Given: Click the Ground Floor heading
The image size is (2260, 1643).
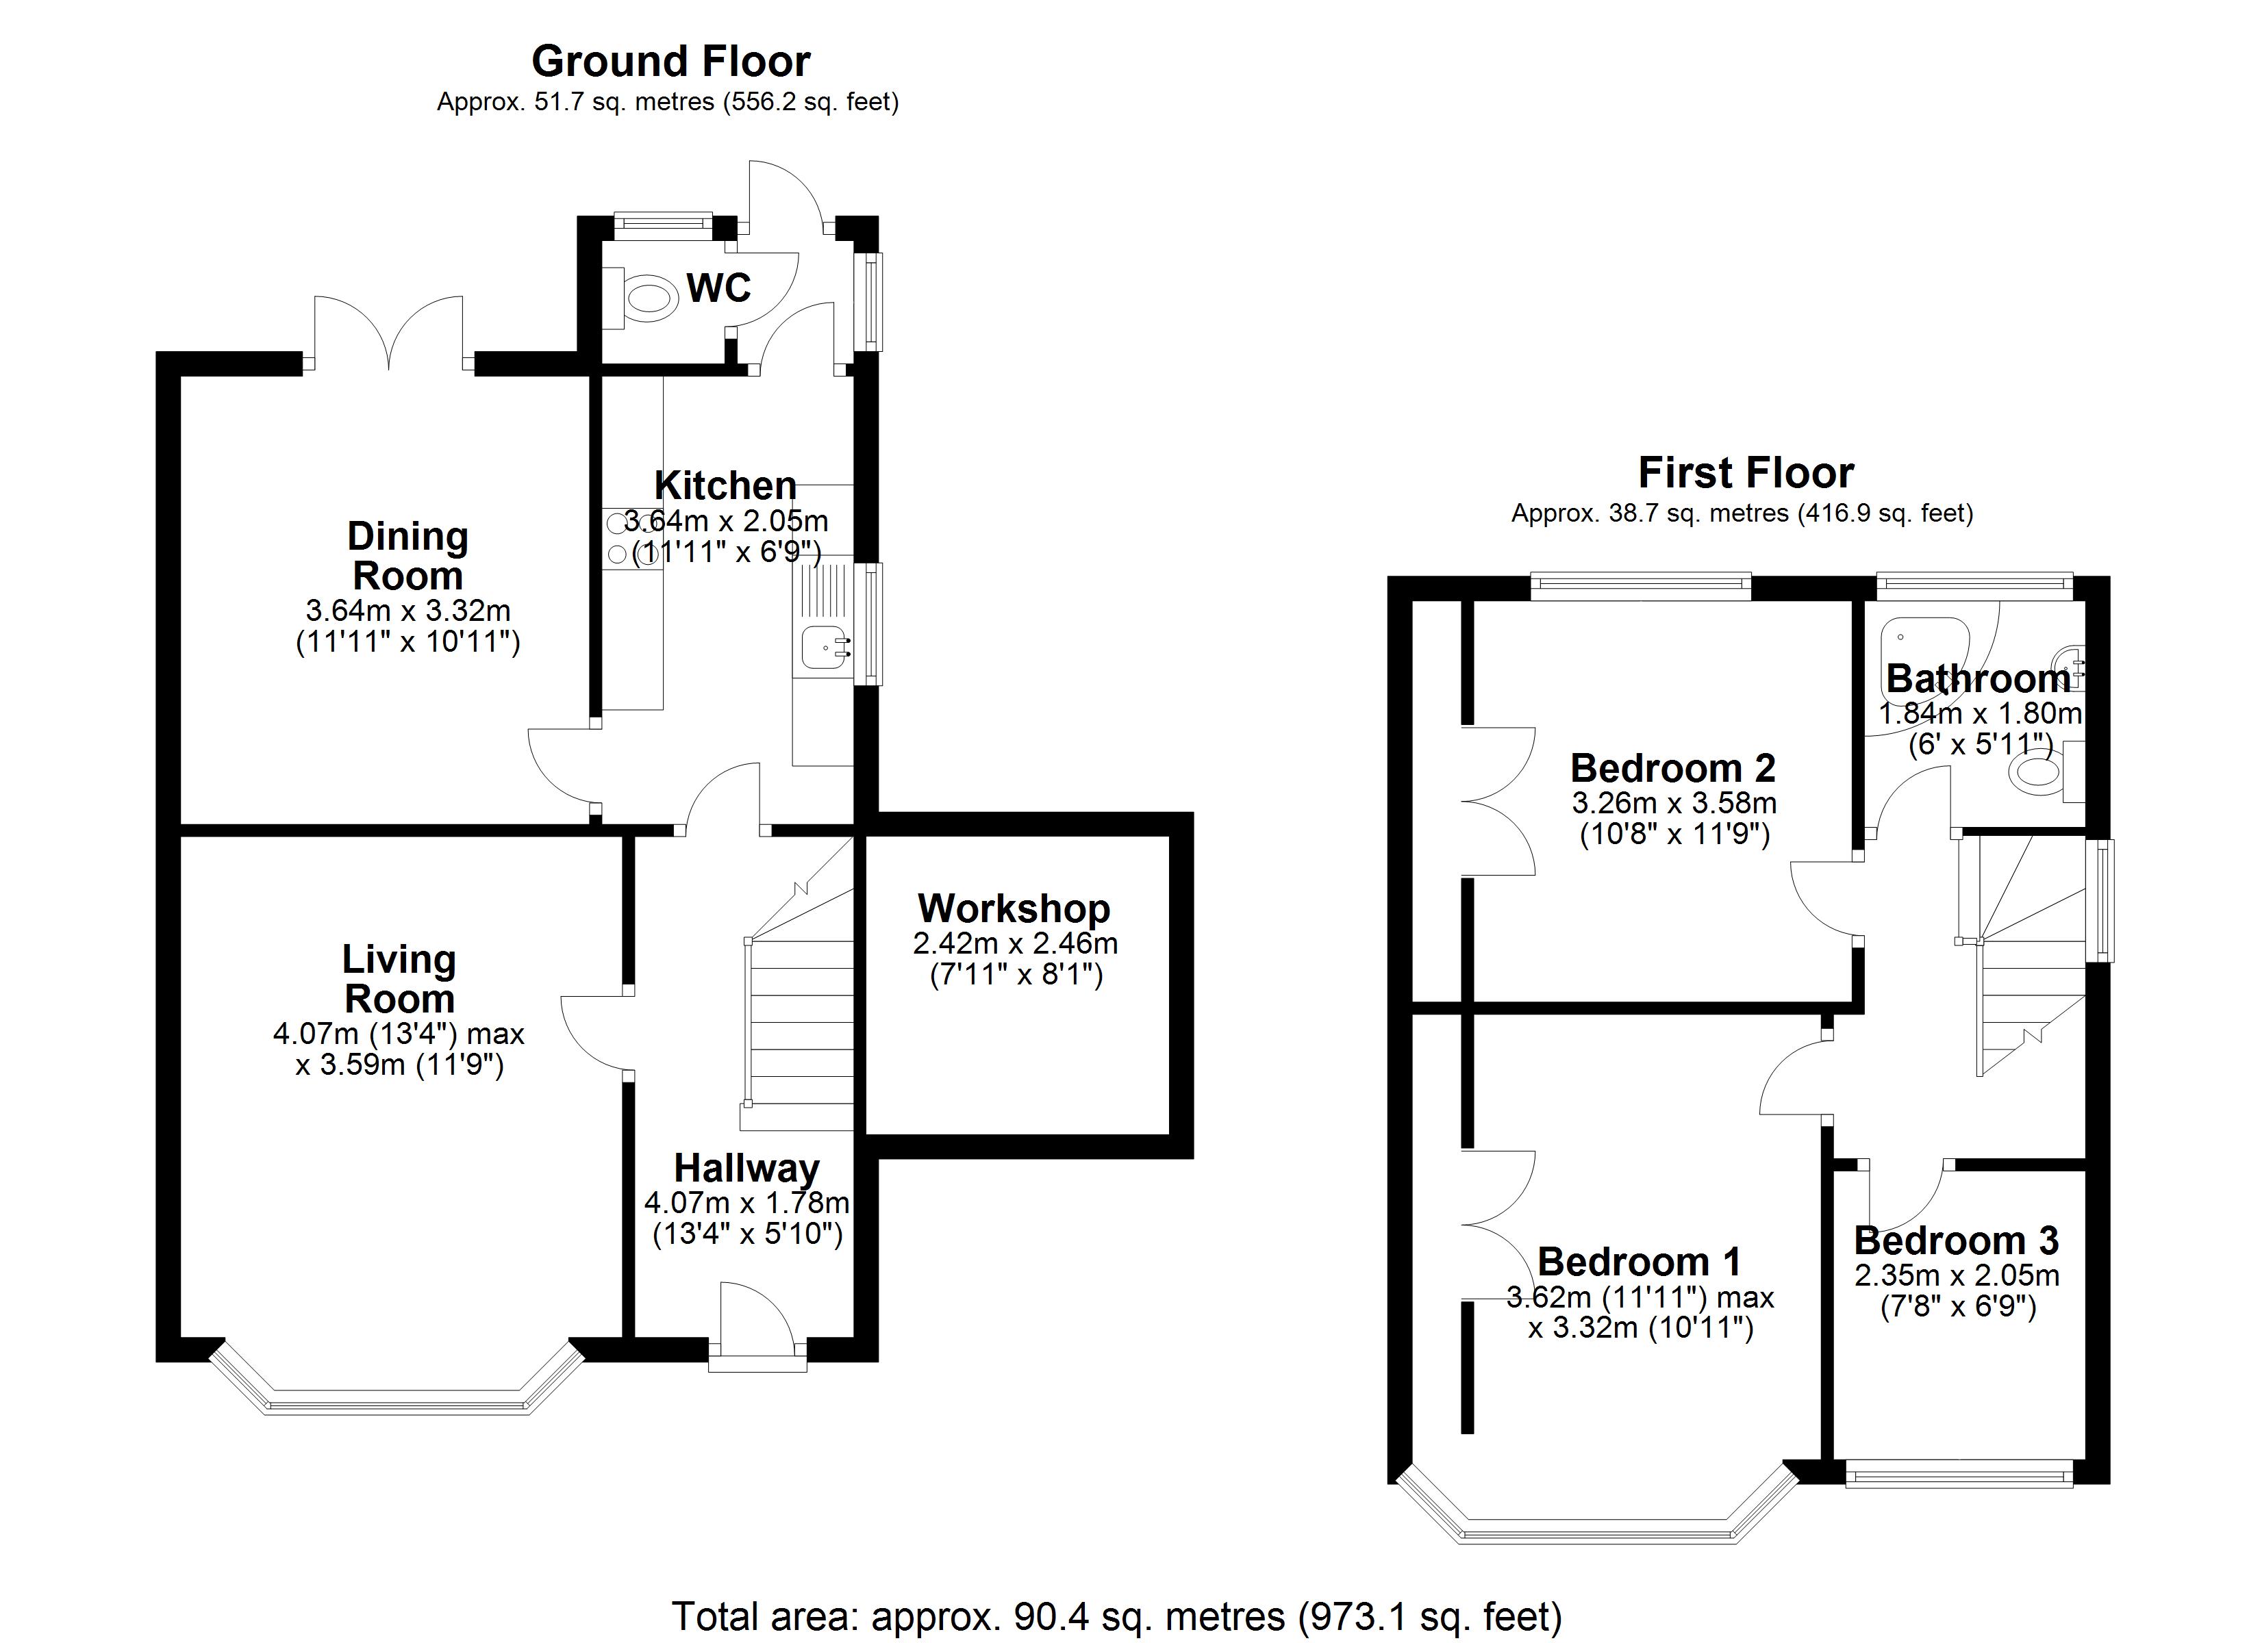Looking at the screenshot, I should (670, 62).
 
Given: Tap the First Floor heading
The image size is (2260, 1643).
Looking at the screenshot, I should (1746, 472).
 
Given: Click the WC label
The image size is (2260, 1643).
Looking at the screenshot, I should (718, 289).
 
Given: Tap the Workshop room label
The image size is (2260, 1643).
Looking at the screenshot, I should (1014, 908).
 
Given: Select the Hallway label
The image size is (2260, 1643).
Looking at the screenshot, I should (746, 1168).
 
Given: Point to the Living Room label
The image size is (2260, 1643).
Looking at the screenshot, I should (399, 978).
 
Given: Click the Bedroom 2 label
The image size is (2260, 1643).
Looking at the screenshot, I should (1673, 768).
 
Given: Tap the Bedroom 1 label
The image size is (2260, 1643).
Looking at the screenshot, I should (1640, 1262).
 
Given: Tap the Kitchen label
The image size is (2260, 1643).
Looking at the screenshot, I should (725, 486).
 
